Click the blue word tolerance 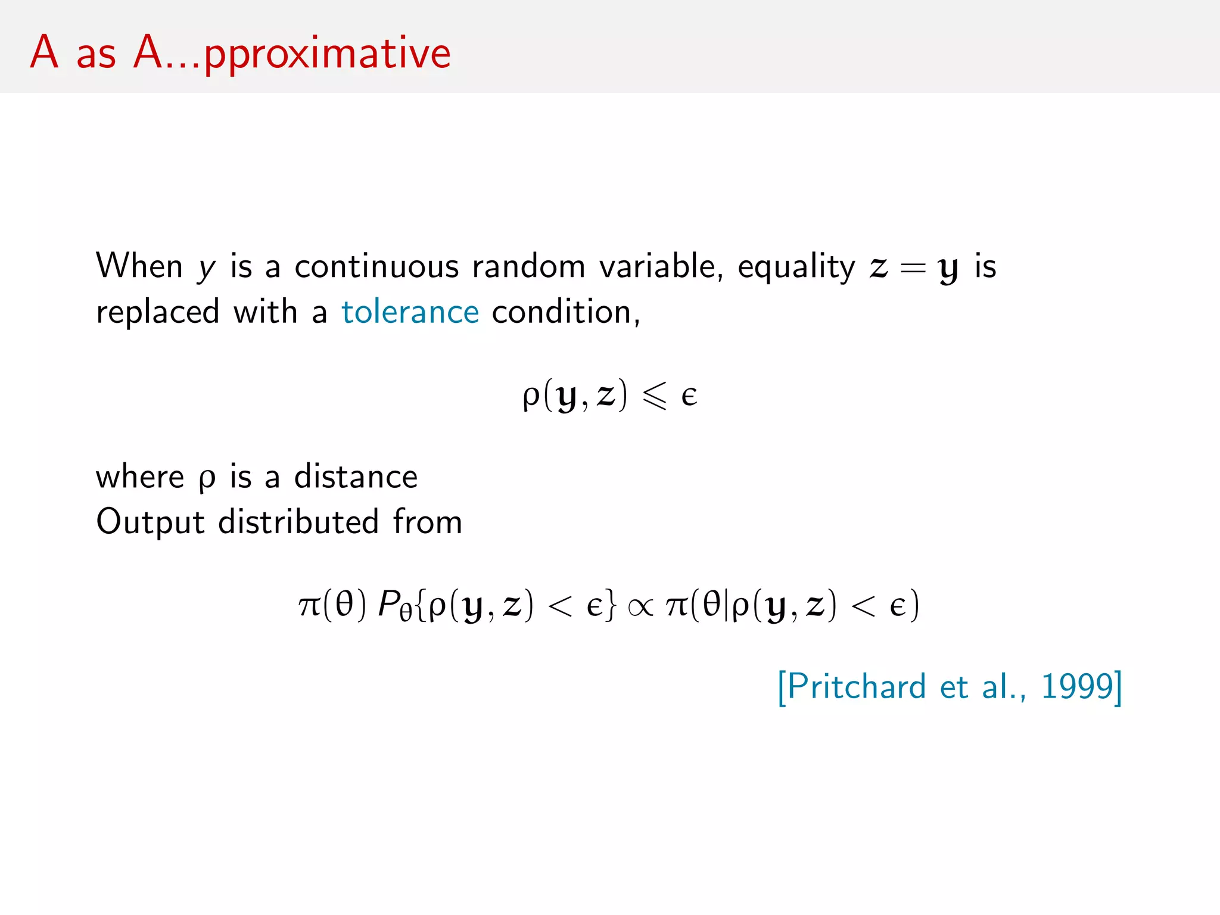pos(410,312)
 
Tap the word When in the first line pos(139,266)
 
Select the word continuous pos(376,266)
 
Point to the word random pos(529,266)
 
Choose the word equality pos(796,267)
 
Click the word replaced pos(158,312)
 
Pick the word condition pos(565,312)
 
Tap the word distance pos(356,477)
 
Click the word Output pos(150,522)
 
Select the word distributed pos(298,522)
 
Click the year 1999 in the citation pos(1076,686)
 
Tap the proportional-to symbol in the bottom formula pos(640,607)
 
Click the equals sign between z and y pos(913,268)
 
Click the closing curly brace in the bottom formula pos(610,605)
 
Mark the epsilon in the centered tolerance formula pos(689,396)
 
